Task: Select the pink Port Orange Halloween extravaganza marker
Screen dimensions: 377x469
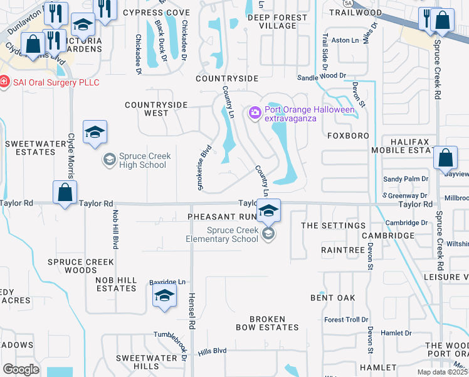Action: click(x=255, y=113)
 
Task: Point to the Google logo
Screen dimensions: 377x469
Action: click(x=21, y=369)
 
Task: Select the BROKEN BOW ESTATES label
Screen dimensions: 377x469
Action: click(x=267, y=323)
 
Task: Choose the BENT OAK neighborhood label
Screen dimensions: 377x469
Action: click(x=332, y=297)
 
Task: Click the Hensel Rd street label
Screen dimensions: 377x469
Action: click(x=192, y=310)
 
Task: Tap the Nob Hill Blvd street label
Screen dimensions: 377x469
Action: click(x=115, y=227)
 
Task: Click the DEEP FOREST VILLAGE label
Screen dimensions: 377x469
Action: click(x=271, y=21)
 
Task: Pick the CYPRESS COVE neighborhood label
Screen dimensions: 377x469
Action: click(x=156, y=13)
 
